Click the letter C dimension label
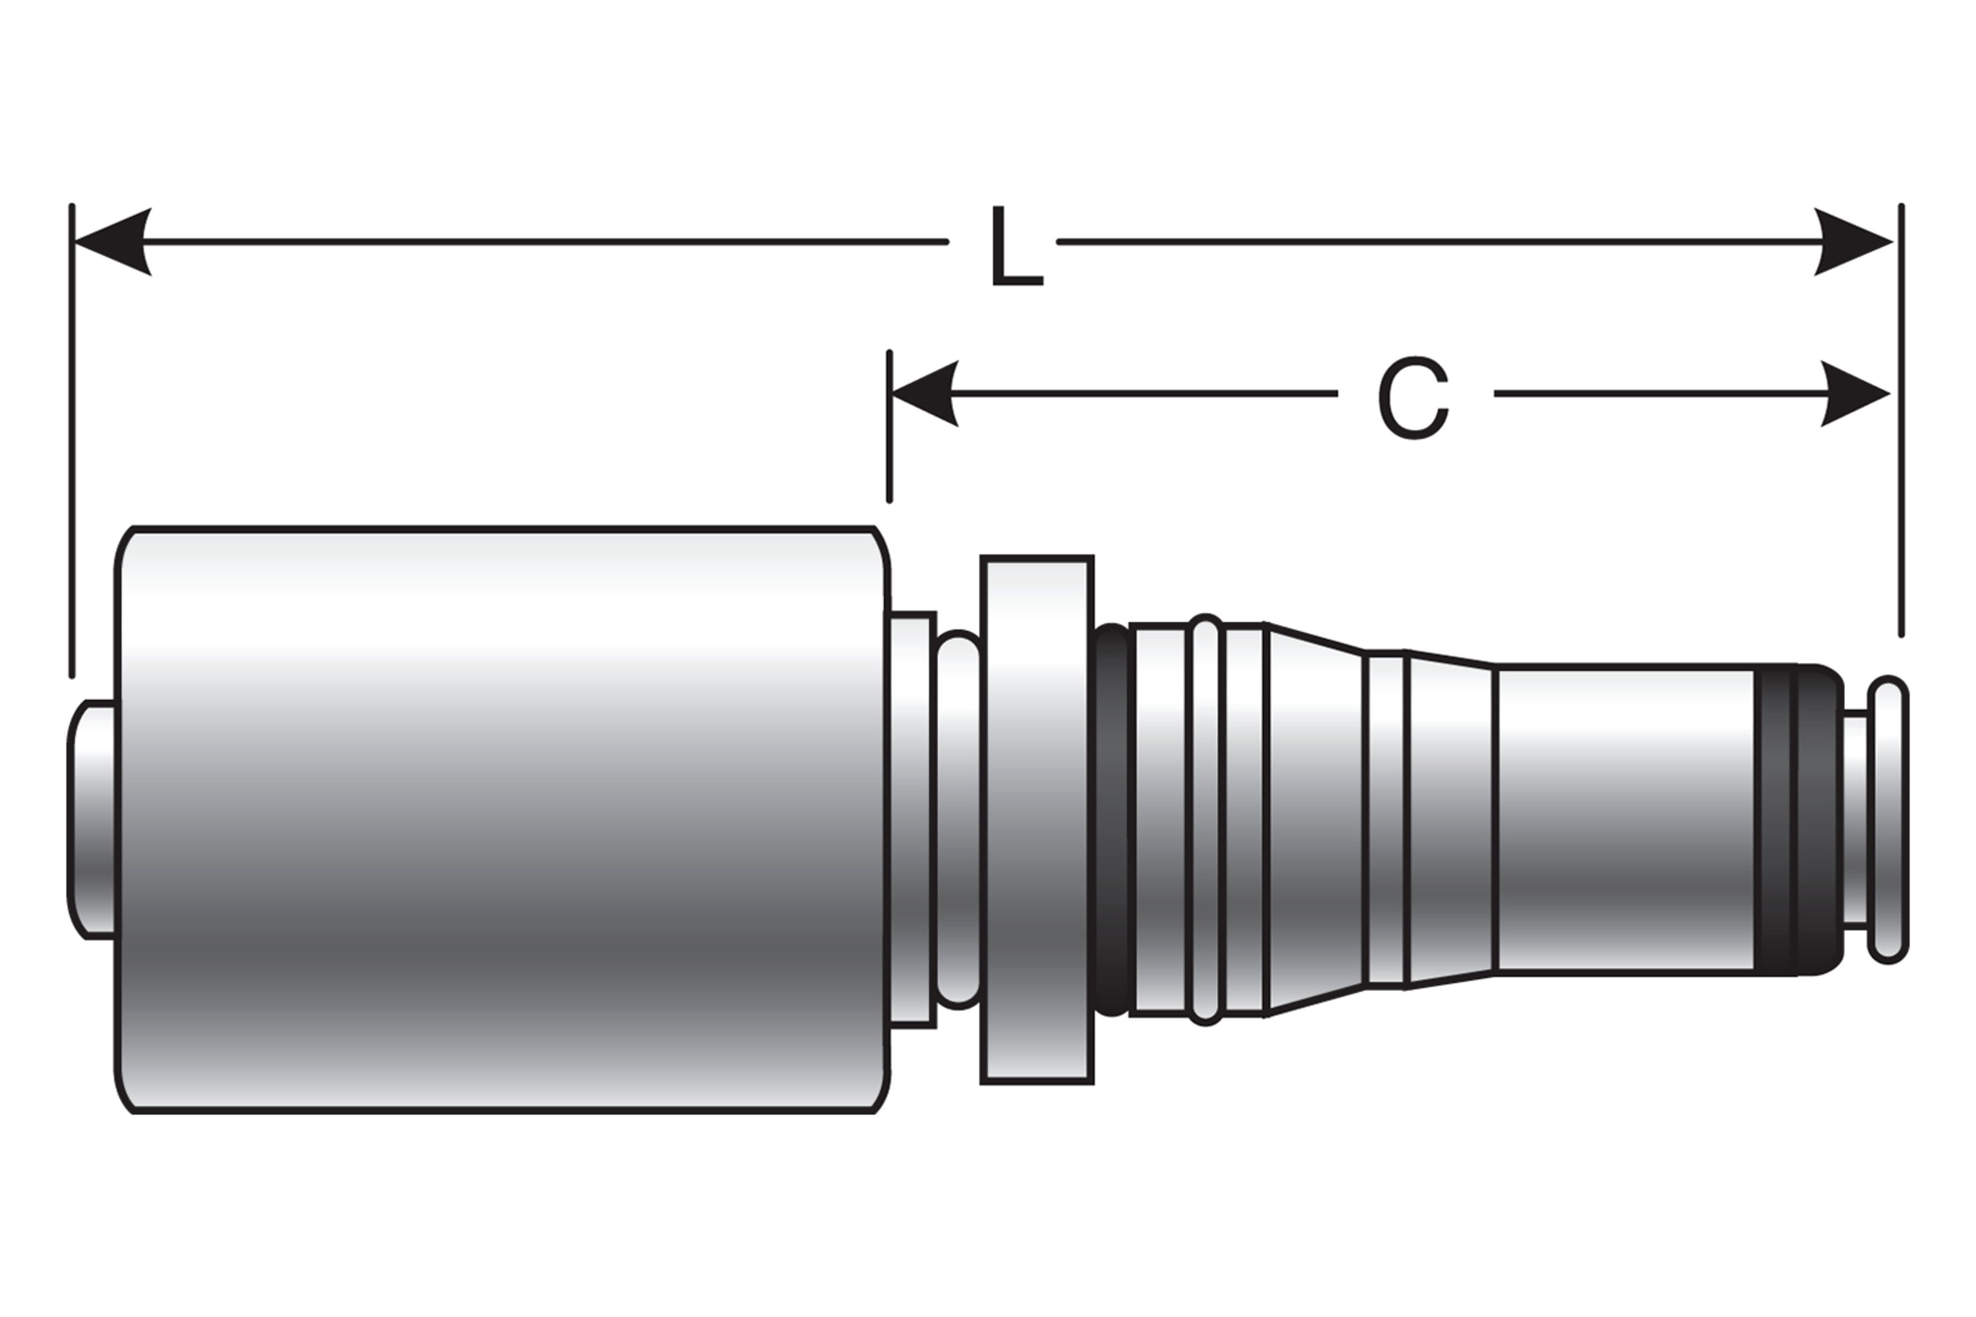1413,398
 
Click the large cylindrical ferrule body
504,819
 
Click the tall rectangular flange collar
1037,819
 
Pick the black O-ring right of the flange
1112,819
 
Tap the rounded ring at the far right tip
1888,819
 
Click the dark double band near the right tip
1798,819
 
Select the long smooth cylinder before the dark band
1626,819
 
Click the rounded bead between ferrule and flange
958,819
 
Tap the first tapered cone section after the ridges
1315,819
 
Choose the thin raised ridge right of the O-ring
1205,819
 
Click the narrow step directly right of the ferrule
912,819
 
